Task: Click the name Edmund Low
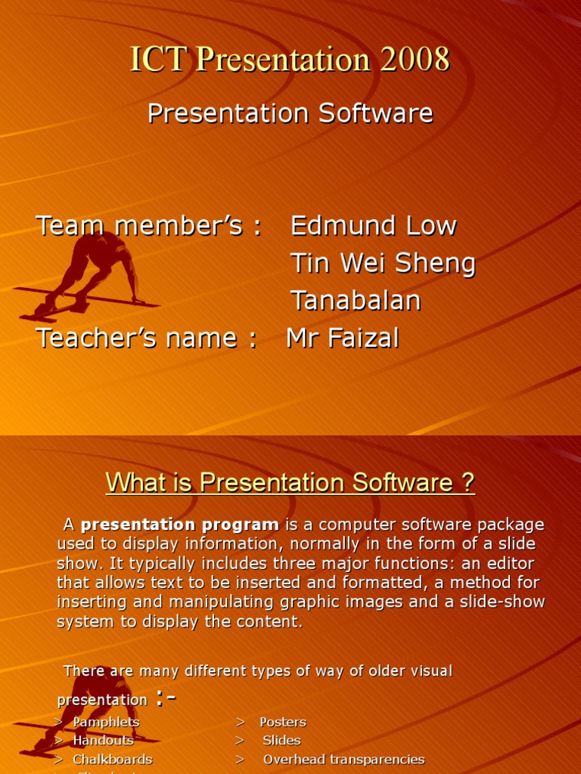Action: [373, 225]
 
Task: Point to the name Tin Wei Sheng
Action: [383, 263]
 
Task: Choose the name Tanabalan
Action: [356, 300]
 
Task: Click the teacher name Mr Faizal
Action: [342, 338]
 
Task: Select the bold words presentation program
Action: [180, 525]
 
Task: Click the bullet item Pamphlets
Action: [106, 722]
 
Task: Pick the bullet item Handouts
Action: [103, 740]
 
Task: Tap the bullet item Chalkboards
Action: [112, 759]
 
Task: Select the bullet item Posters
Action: [283, 722]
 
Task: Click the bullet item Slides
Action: [281, 740]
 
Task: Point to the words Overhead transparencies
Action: [343, 759]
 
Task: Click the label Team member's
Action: [149, 225]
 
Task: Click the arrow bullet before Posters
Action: [240, 722]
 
